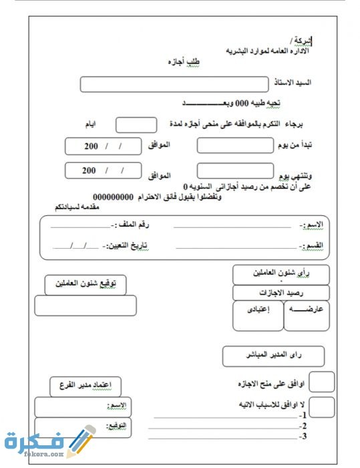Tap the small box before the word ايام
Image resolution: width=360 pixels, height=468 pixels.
pyautogui.click(x=136, y=125)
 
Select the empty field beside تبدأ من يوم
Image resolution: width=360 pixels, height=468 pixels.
pyautogui.click(x=235, y=145)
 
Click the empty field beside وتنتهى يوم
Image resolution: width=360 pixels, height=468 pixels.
pyautogui.click(x=235, y=171)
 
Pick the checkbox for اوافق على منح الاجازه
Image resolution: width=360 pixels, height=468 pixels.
pyautogui.click(x=323, y=382)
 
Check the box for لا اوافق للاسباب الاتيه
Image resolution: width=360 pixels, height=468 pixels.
pyautogui.click(x=323, y=406)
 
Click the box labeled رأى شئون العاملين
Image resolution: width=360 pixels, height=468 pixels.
pyautogui.click(x=281, y=274)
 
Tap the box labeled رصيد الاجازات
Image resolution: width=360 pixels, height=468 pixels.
pyautogui.click(x=281, y=293)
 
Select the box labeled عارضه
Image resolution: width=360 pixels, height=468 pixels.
pyautogui.click(x=307, y=315)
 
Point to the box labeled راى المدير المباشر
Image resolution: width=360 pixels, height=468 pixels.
pyautogui.click(x=273, y=356)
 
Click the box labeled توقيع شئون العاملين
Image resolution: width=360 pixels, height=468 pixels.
pyautogui.click(x=85, y=284)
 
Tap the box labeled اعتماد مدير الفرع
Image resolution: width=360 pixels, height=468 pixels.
pyautogui.click(x=85, y=385)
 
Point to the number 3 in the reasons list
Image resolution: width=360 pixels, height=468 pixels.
pyautogui.click(x=303, y=437)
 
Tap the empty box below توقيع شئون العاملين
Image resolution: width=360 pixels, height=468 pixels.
pyautogui.click(x=85, y=306)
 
